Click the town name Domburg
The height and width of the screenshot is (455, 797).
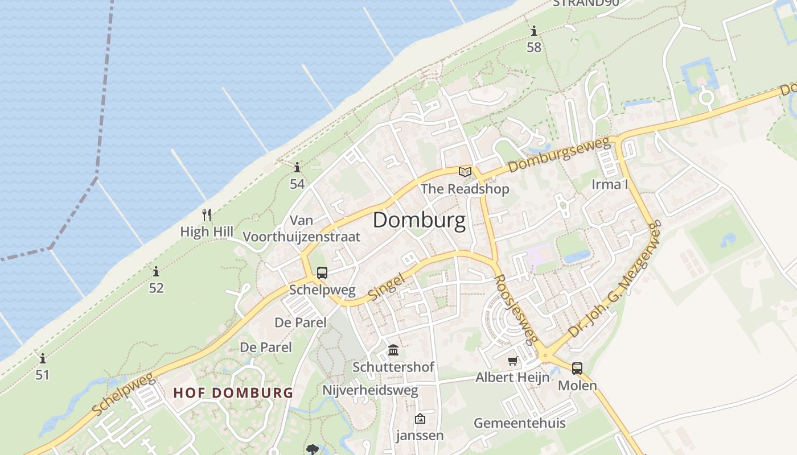[x=419, y=220]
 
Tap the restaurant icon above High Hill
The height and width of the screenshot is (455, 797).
[x=207, y=215]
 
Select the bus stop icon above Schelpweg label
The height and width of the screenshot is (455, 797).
[x=322, y=273]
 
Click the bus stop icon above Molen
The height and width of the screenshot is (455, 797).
[x=577, y=369]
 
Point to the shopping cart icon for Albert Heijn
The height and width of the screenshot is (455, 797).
[x=513, y=361]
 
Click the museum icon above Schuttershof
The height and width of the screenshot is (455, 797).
[x=393, y=350]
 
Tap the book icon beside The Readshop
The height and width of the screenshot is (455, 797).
[x=465, y=172]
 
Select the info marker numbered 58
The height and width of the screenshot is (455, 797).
[x=534, y=31]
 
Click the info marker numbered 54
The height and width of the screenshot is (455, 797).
[x=297, y=168]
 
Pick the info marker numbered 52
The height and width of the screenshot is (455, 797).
[x=156, y=272]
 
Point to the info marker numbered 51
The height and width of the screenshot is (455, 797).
[x=43, y=359]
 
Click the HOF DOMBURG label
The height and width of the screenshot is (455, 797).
[x=233, y=392]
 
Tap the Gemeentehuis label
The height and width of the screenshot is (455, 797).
[x=520, y=423]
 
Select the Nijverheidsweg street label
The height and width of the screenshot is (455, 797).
[x=370, y=390]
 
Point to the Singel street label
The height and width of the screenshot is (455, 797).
[x=387, y=287]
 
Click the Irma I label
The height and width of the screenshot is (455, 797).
[x=610, y=184]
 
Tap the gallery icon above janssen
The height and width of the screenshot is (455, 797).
[x=420, y=419]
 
